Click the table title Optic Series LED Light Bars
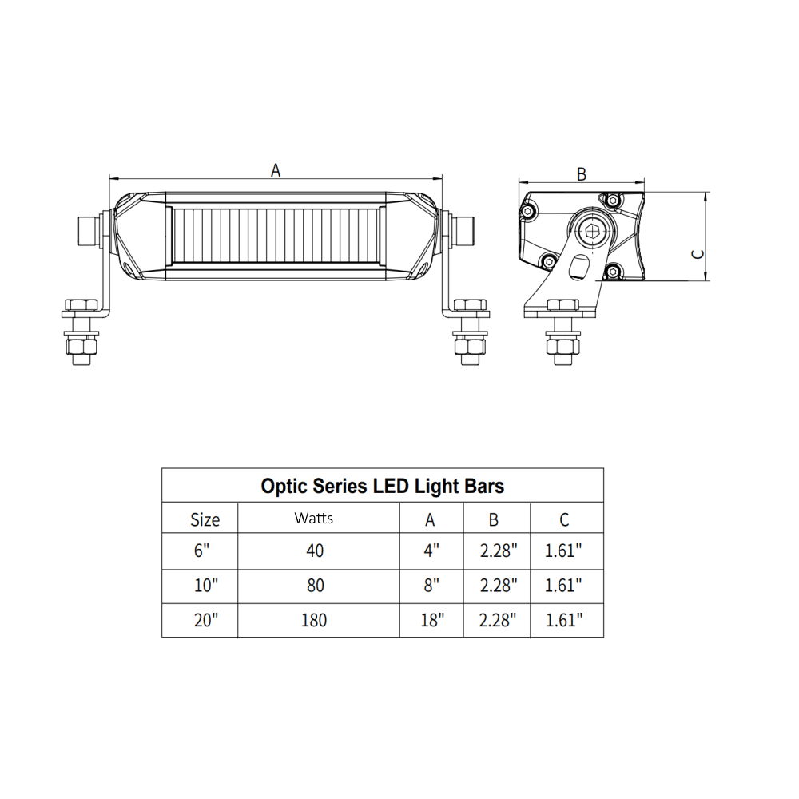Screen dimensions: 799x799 [382, 486]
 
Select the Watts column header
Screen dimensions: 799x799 [314, 518]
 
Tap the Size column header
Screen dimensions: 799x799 [205, 519]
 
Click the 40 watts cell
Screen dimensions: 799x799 [315, 551]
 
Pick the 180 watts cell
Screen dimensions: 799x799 [315, 619]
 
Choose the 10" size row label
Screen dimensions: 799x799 [205, 586]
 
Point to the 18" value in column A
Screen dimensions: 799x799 [431, 620]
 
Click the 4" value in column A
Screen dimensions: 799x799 [431, 551]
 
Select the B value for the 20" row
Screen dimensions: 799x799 [499, 620]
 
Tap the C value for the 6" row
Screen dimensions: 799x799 [563, 551]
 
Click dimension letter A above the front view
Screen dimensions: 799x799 [276, 169]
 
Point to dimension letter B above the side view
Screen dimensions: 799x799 [582, 173]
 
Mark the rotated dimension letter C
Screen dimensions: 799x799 [697, 253]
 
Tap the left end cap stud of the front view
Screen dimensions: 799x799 [87, 229]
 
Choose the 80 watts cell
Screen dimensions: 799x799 [315, 586]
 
